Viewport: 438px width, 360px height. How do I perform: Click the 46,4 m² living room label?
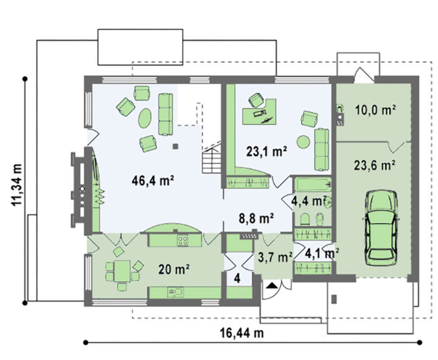(153, 181)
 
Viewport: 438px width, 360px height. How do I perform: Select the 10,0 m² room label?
(375, 110)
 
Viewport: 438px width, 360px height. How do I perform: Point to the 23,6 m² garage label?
(374, 166)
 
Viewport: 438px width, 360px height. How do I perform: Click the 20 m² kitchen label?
(174, 269)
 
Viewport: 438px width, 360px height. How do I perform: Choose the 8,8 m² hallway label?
(256, 218)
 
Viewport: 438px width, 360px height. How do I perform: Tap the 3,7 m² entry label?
(275, 257)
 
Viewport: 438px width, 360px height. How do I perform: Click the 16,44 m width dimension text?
(242, 333)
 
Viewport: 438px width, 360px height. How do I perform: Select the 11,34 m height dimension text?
(17, 185)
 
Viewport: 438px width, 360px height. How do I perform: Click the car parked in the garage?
(382, 228)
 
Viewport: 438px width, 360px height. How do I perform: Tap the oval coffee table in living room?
(145, 118)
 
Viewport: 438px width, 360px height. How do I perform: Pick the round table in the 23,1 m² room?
(303, 142)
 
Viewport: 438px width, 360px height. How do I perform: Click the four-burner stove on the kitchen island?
(183, 240)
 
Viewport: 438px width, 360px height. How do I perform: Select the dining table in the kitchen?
(122, 271)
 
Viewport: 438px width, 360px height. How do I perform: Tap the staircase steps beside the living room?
(212, 161)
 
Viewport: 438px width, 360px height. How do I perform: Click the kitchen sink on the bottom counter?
(175, 292)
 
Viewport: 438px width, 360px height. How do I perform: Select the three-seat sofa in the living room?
(166, 114)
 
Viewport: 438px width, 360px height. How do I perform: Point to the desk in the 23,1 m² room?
(259, 112)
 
